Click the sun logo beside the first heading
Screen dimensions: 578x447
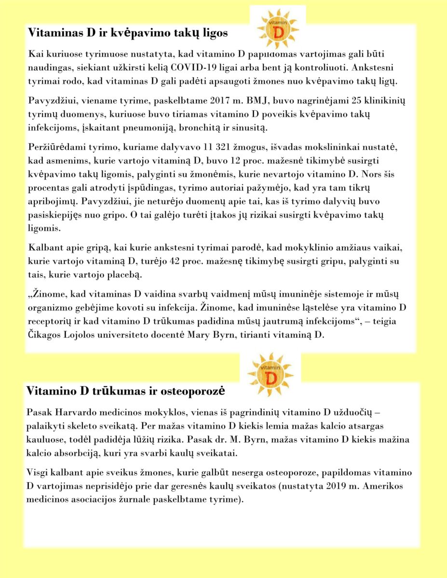(x=278, y=28)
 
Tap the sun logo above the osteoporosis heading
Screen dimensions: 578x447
(x=270, y=375)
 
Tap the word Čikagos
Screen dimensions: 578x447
(x=46, y=336)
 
